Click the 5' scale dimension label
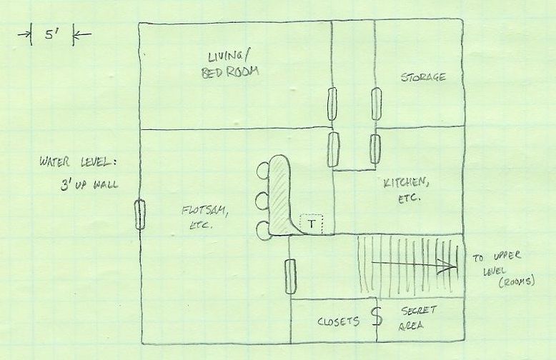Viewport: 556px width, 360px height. point(51,34)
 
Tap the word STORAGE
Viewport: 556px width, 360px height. point(423,77)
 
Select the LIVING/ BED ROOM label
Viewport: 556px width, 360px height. point(230,64)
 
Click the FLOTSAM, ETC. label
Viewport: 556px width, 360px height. point(204,218)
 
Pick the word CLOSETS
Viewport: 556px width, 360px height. point(338,321)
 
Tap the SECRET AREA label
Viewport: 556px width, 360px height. point(417,318)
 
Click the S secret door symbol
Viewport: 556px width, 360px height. point(377,316)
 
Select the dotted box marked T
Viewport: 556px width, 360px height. point(312,224)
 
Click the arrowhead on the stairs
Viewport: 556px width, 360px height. point(448,266)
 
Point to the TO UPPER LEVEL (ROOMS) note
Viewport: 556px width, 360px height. point(503,269)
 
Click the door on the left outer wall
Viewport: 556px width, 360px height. point(140,214)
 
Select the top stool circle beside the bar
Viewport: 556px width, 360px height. point(263,170)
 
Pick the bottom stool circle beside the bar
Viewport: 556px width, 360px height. point(263,229)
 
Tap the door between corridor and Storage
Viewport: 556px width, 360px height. point(376,104)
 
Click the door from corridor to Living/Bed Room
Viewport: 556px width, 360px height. point(332,104)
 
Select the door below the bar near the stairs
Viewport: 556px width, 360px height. point(290,276)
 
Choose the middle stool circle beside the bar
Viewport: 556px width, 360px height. point(263,200)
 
